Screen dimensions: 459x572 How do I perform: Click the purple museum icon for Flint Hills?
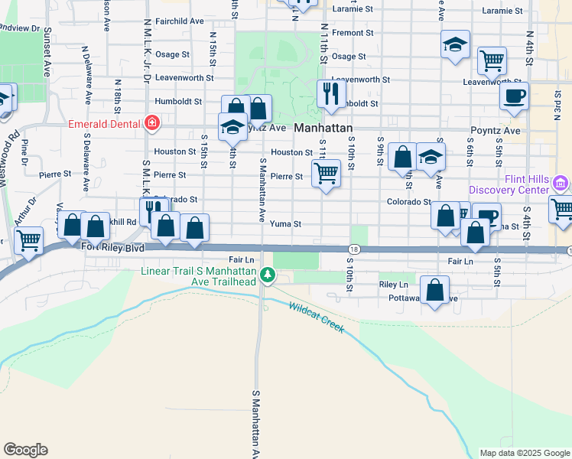coord(561,184)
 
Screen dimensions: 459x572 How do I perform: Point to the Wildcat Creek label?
coord(316,317)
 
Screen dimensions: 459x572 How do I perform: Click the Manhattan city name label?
coord(323,129)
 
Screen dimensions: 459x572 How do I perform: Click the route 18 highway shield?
coord(354,249)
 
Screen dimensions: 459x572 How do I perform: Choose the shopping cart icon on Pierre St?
coord(327,174)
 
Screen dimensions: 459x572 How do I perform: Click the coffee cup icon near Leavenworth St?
coord(514,96)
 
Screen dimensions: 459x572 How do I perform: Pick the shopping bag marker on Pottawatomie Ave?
coord(434,291)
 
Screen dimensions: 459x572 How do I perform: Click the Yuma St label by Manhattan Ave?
coord(286,224)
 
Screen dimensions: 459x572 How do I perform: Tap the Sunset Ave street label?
coord(47,52)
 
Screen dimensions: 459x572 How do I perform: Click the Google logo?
coord(25,450)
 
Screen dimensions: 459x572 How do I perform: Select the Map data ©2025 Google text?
coord(524,453)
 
